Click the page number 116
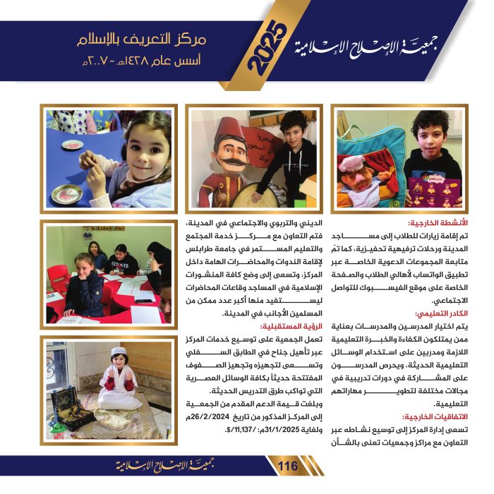pos(289,466)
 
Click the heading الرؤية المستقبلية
pos(288,327)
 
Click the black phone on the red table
pos(145,300)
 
